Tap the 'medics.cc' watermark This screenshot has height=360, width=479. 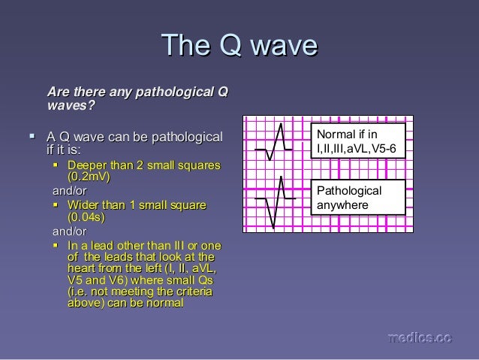(x=419, y=339)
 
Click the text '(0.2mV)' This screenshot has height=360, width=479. (x=89, y=177)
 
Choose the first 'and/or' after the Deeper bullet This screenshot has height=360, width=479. (x=67, y=191)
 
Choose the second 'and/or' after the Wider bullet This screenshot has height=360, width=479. (x=67, y=231)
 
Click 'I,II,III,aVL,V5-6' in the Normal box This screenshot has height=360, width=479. (x=359, y=149)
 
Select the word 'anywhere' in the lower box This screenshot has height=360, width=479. (x=342, y=204)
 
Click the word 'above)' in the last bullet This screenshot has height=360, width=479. (x=85, y=304)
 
